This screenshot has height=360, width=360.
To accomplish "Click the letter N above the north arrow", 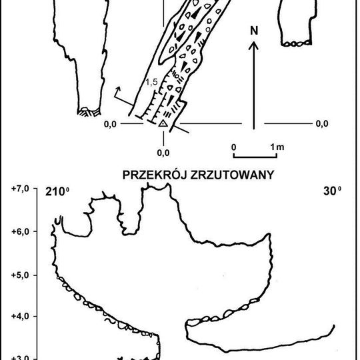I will [253, 30].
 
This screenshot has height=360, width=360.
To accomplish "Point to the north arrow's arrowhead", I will [253, 45].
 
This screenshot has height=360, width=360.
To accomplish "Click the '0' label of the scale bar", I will [234, 146].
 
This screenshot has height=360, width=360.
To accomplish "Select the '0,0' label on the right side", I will [321, 123].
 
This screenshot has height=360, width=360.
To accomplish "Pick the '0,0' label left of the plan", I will [110, 123].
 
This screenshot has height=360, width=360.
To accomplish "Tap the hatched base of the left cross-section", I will [89, 112].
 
